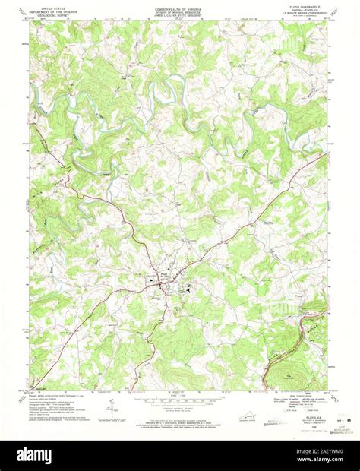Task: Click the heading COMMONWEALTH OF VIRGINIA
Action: click(180, 5)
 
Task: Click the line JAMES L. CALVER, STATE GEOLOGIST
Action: click(180, 13)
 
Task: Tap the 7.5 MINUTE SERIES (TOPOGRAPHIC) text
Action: click(308, 13)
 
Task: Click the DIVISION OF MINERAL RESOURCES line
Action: click(180, 9)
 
